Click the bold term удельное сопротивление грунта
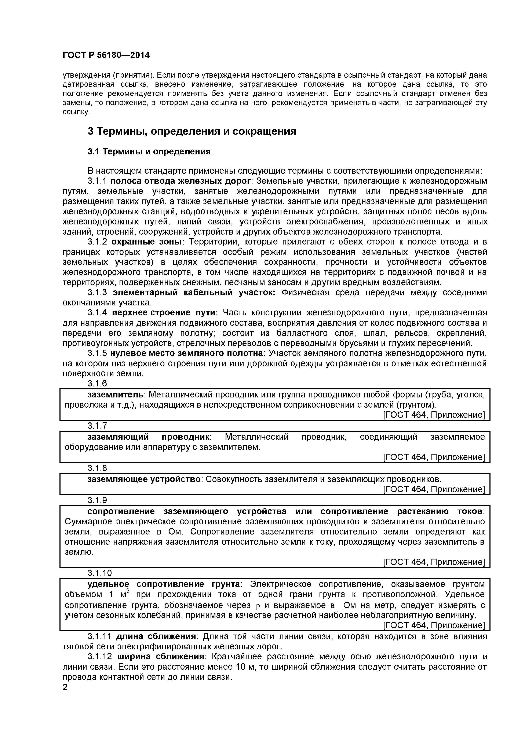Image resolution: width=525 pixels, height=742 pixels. click(x=164, y=584)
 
